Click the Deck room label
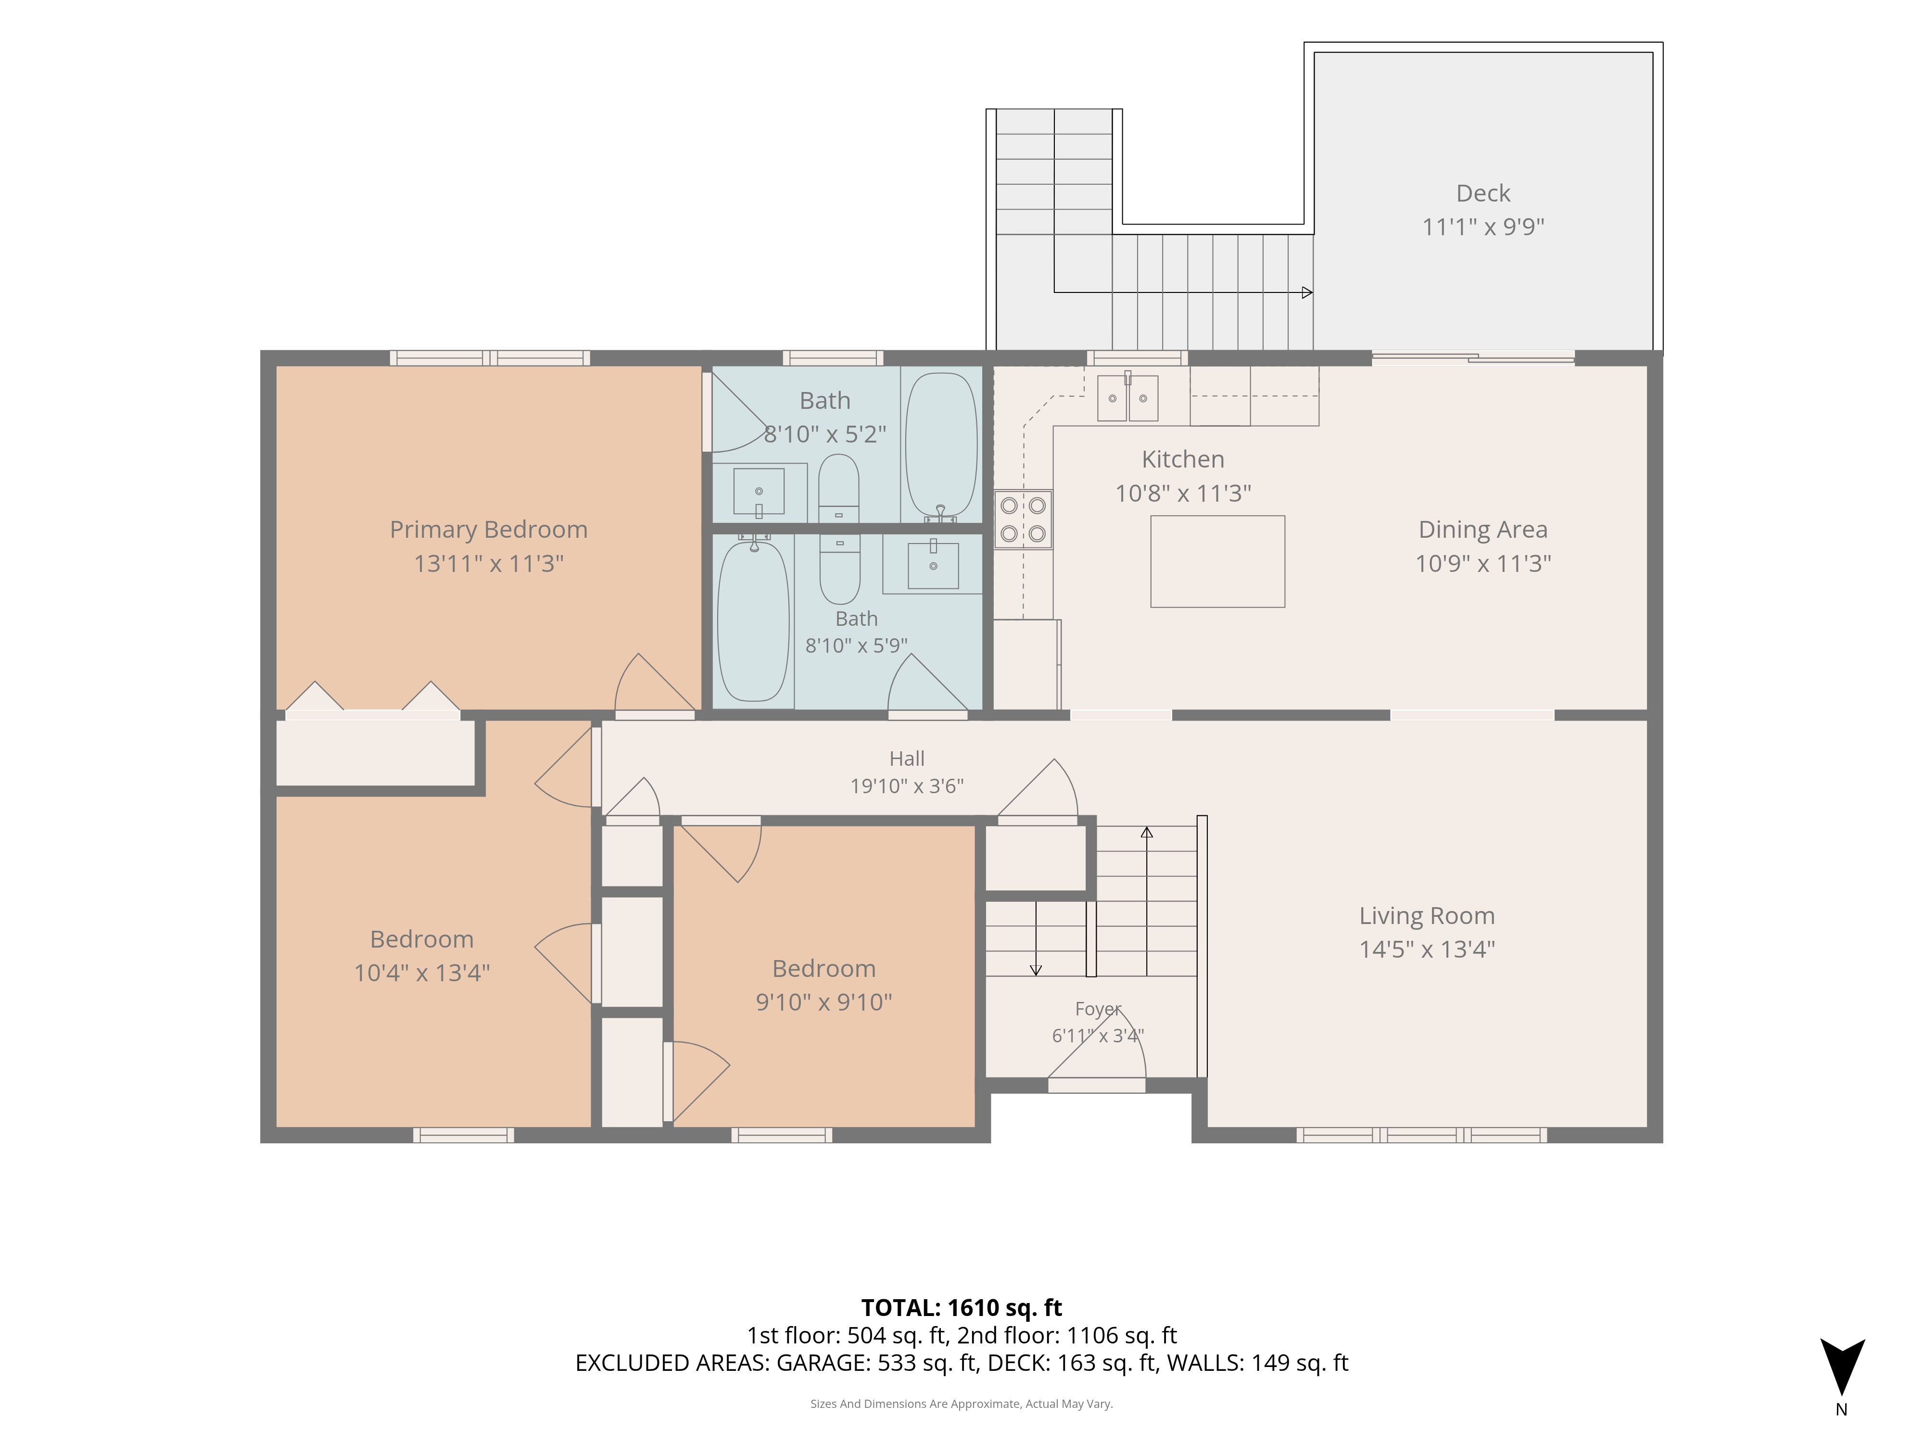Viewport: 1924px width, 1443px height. pos(1483,193)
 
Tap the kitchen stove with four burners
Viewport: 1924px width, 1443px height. pos(1023,519)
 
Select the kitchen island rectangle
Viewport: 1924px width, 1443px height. pos(1218,561)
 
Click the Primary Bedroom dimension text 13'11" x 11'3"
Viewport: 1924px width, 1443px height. pos(489,564)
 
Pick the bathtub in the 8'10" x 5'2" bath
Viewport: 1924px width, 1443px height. pos(941,445)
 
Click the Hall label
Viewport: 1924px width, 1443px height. pos(907,759)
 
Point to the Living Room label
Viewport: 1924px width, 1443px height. pos(1427,916)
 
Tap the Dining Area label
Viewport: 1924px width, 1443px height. pos(1483,530)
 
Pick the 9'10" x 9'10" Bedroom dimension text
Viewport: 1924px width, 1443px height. pos(823,1002)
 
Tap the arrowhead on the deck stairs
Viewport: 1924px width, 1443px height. pos(1306,293)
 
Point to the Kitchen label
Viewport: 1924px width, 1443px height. pos(1183,459)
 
